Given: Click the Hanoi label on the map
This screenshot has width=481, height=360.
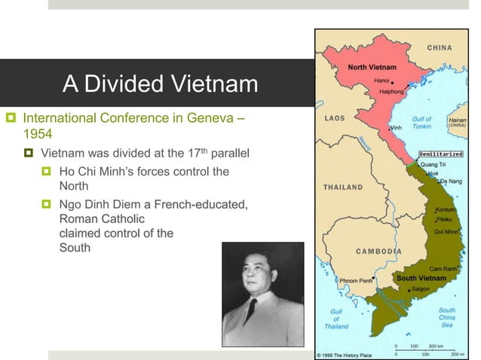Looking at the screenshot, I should (x=382, y=78).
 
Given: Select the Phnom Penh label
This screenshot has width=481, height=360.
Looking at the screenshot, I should (x=354, y=281).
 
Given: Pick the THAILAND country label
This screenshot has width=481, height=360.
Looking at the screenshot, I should (x=343, y=187).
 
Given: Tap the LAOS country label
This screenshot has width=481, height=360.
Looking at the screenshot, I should (x=335, y=118).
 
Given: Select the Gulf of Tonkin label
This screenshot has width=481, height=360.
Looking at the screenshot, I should (x=421, y=123).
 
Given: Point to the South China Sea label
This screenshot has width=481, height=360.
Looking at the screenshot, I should (x=446, y=317).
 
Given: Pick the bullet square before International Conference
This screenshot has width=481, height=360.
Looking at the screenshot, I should (x=11, y=118).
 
